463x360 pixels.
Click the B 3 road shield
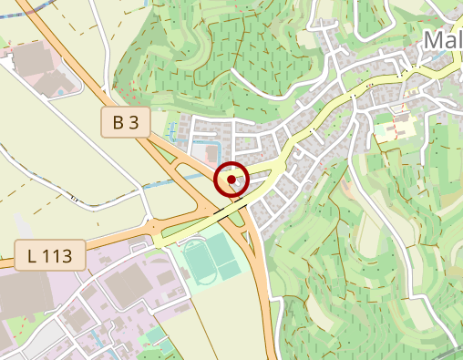click(x=125, y=123)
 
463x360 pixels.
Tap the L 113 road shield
click(x=50, y=254)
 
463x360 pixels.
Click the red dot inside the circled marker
click(x=231, y=180)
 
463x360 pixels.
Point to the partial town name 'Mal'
click(x=444, y=42)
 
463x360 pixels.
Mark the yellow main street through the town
click(x=310, y=128)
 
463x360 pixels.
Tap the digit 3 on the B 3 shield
click(x=136, y=123)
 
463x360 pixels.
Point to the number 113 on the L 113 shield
click(x=59, y=254)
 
